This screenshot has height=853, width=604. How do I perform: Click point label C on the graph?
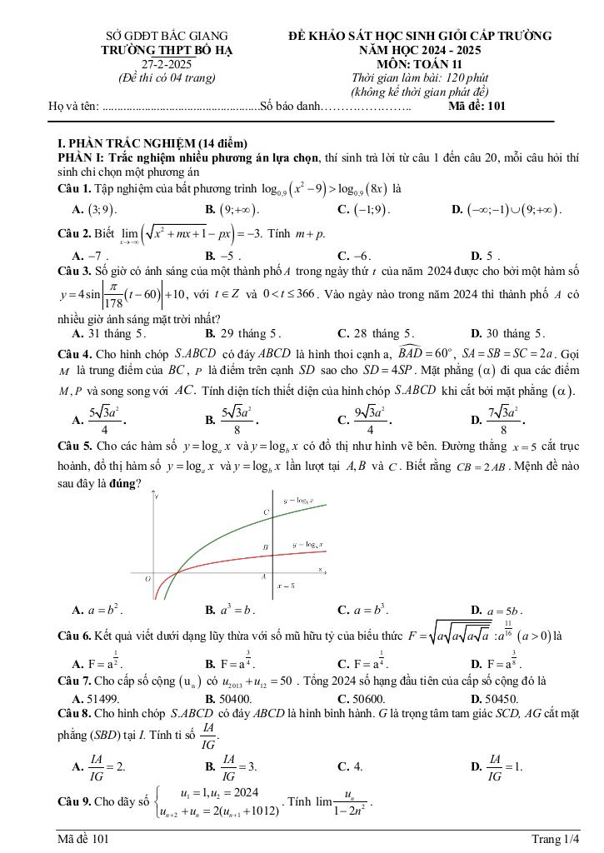tap(267, 511)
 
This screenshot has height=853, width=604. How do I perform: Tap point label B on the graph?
tap(266, 547)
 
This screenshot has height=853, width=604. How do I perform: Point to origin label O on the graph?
tap(147, 577)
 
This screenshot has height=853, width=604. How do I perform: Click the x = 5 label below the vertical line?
tap(287, 586)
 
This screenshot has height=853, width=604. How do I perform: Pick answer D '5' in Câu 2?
tap(489, 256)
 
